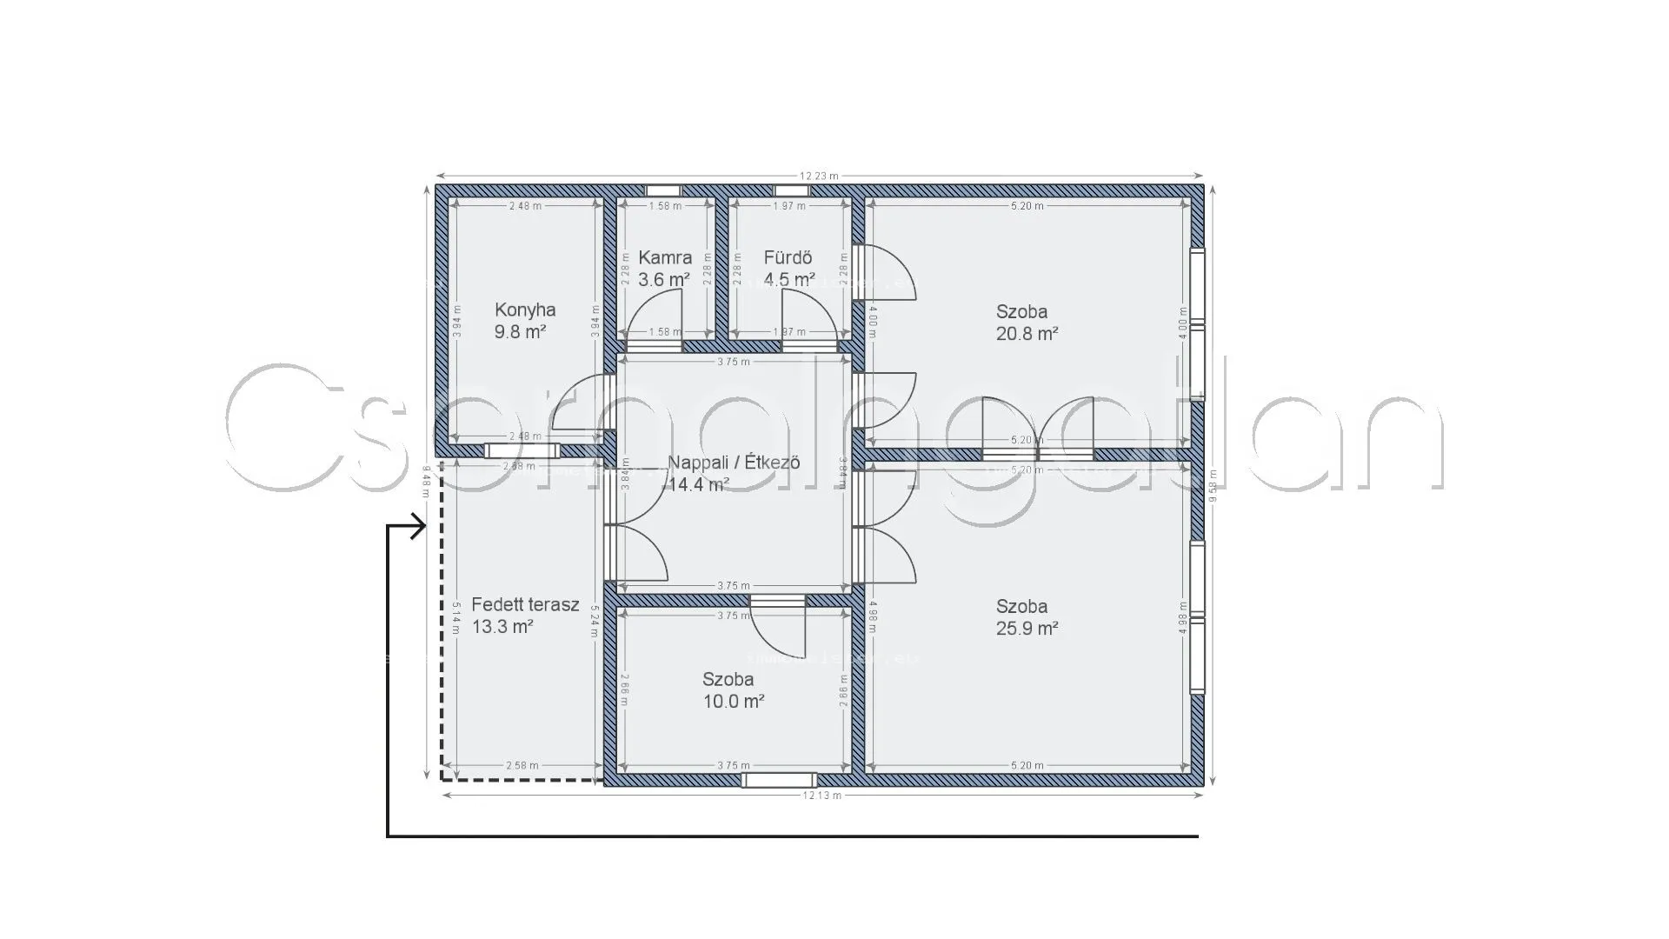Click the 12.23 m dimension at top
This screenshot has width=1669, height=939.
pos(819,176)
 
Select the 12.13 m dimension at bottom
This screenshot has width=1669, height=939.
pos(821,796)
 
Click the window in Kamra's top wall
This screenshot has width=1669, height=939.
pos(663,190)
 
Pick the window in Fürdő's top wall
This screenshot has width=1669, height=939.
pos(791,190)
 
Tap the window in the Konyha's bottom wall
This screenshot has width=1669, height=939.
pos(522,450)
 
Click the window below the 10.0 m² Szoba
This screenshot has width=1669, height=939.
pos(780,780)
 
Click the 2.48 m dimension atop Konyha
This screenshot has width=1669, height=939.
pos(526,206)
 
